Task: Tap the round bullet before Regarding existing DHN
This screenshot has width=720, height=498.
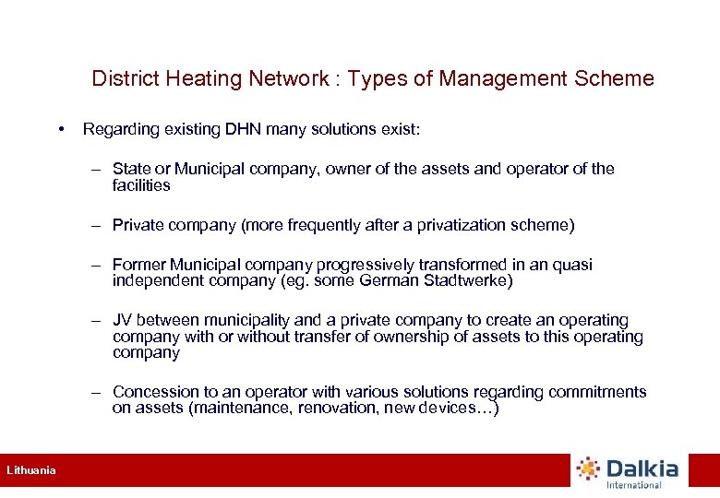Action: [60, 129]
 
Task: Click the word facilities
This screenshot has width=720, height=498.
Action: [141, 185]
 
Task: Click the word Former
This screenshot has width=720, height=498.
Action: [138, 265]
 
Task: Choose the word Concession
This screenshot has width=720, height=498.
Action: [154, 392]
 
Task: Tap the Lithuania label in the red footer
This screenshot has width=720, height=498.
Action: [31, 470]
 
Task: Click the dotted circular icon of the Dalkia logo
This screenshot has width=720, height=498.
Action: [588, 469]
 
